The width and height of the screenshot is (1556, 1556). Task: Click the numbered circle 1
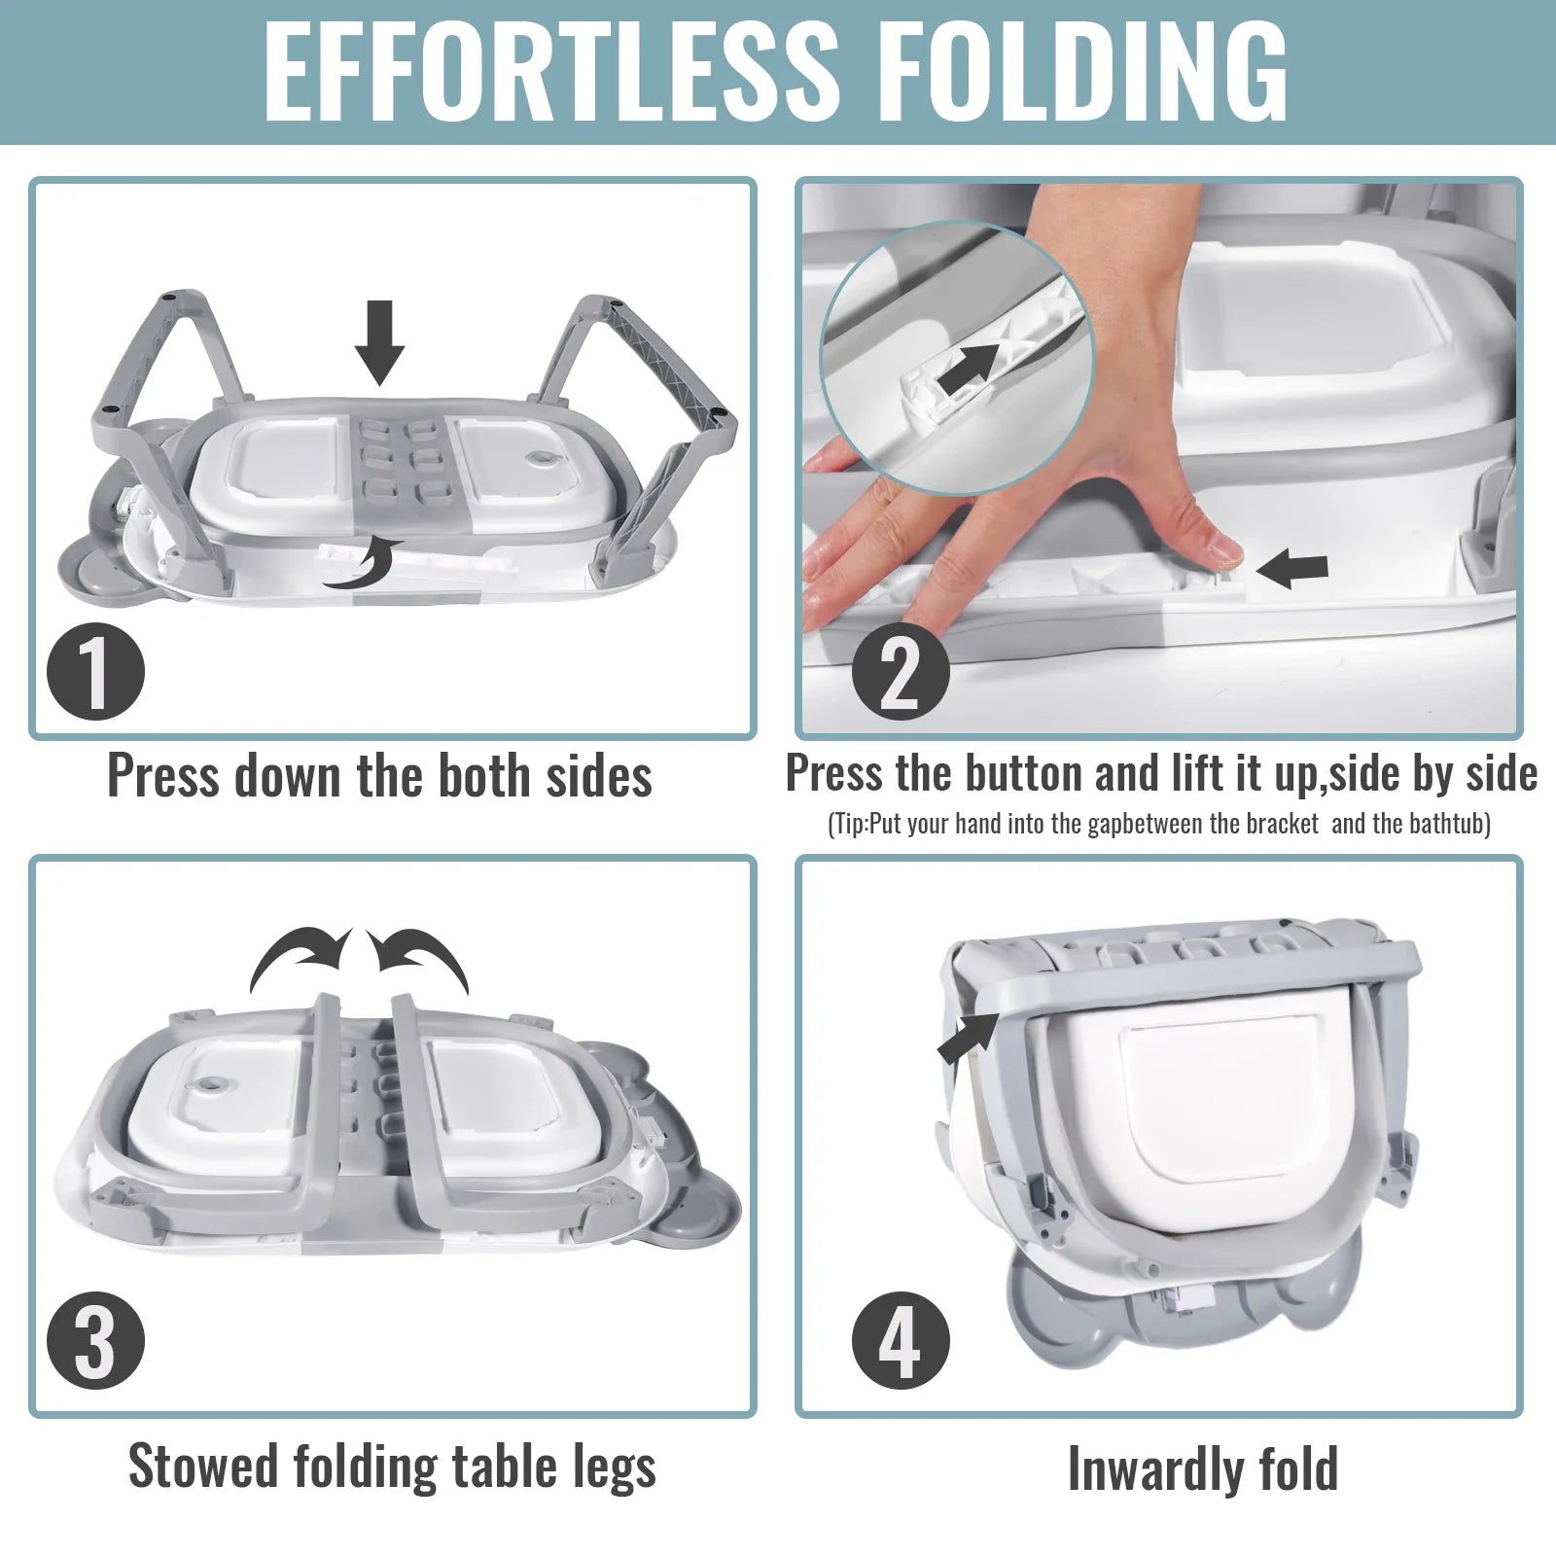95,671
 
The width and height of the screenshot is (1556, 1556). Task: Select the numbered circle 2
900,670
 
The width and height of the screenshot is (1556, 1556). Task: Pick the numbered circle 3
95,1342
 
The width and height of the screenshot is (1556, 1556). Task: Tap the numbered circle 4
900,1342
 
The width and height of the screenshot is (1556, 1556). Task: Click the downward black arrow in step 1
379,342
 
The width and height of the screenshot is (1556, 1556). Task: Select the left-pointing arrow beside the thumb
1292,571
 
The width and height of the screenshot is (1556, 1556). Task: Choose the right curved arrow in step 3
418,957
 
